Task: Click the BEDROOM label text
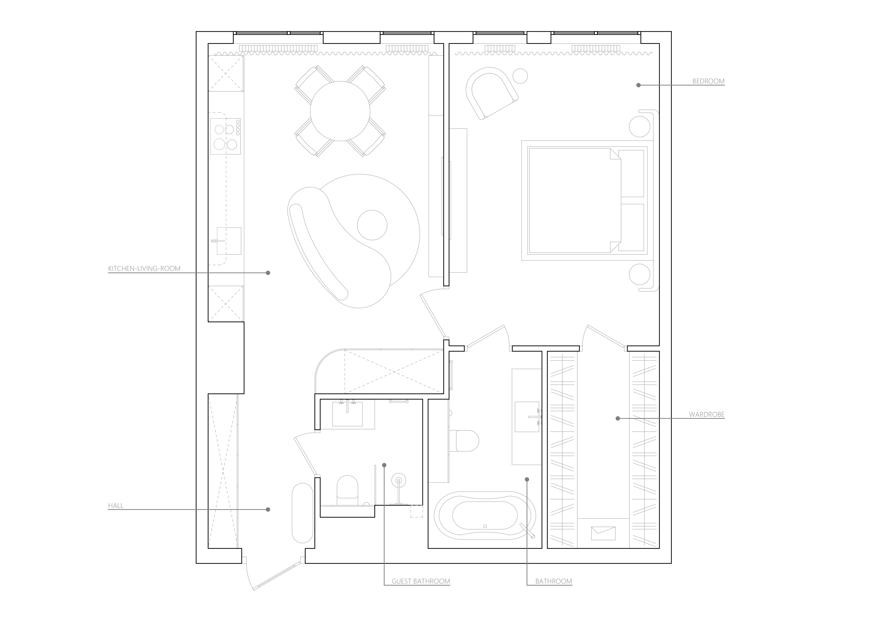[708, 81]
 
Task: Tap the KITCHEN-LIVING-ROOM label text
[144, 269]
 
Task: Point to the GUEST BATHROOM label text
[421, 581]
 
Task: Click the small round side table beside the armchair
[520, 76]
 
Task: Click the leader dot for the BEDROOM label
[638, 85]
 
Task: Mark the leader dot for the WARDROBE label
[618, 419]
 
